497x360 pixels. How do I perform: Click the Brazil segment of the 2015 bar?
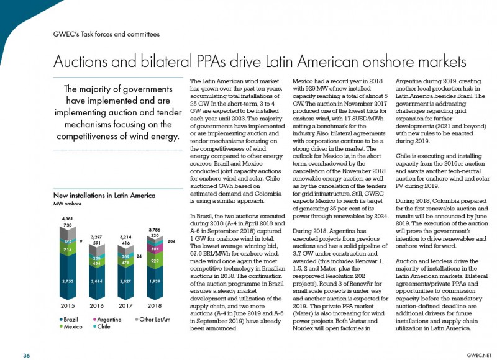tap(68, 276)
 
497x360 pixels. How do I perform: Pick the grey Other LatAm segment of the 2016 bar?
tap(97, 249)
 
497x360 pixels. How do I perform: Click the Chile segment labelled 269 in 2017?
tap(126, 256)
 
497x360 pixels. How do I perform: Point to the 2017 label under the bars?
tap(126, 306)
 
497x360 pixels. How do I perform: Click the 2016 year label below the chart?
tap(97, 306)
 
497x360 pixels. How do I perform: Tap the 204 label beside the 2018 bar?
tap(171, 241)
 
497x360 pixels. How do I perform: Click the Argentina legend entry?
tap(107, 320)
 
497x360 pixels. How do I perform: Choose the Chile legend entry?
tap(102, 326)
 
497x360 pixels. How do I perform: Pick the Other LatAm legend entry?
tap(153, 320)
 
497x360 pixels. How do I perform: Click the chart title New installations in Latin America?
tap(104, 196)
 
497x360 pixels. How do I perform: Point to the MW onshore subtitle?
tap(67, 204)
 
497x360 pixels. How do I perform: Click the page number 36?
tap(26, 356)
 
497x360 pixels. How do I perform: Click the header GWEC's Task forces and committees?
tap(106, 34)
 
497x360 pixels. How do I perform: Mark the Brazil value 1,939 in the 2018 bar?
tap(155, 281)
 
